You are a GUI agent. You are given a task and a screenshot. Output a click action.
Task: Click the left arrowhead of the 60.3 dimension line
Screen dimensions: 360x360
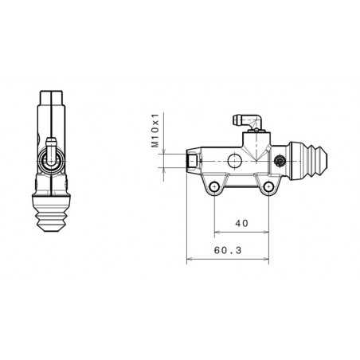click(x=188, y=259)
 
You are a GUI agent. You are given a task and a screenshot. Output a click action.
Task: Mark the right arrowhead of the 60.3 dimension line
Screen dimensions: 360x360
click(x=267, y=259)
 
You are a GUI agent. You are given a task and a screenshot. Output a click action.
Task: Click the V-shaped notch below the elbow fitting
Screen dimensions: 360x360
click(x=255, y=147)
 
